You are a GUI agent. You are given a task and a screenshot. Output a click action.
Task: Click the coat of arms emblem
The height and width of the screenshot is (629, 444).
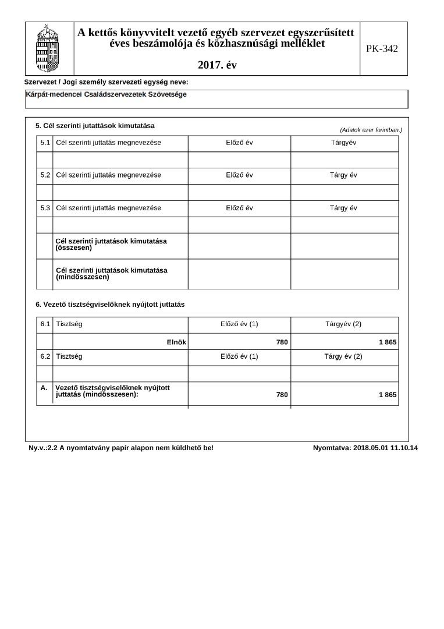point(47,48)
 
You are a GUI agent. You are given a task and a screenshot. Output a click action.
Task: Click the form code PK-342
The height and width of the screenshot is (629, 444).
point(382,49)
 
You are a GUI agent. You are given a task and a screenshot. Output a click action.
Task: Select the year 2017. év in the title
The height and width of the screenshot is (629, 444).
point(217,65)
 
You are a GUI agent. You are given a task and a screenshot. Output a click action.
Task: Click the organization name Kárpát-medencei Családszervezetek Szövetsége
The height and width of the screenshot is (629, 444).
point(106,94)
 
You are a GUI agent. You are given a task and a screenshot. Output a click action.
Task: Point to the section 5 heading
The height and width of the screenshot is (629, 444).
point(95,126)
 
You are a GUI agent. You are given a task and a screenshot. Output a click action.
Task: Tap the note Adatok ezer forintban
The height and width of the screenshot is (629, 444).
point(371,129)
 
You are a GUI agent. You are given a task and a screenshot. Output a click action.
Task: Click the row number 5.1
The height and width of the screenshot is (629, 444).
point(45,143)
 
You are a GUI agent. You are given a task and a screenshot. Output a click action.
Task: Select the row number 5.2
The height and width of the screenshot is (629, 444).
point(45,175)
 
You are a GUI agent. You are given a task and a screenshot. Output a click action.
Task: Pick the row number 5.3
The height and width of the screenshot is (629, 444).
point(45,208)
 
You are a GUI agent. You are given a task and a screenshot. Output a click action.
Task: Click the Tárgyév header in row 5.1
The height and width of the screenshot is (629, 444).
point(343,143)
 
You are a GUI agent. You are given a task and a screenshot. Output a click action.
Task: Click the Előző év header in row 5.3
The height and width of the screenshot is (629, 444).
point(239,208)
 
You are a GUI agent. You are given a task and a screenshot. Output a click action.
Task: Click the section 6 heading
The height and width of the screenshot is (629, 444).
point(110,304)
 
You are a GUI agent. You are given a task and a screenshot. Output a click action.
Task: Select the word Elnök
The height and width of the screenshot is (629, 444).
point(176,342)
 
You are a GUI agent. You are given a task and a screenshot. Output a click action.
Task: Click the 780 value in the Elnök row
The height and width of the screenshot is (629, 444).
point(282,342)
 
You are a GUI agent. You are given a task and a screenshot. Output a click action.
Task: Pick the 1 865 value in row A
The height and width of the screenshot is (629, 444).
point(388,395)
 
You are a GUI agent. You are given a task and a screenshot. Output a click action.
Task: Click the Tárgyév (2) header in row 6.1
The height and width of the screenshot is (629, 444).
point(343,324)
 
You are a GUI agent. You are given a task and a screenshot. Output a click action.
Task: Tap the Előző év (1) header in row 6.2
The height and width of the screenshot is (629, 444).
point(239,356)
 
